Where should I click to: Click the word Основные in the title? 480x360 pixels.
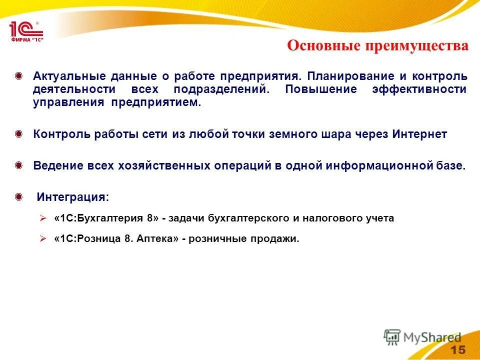[323, 46]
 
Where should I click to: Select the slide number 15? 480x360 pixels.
[457, 349]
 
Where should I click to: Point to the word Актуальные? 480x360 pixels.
[69, 76]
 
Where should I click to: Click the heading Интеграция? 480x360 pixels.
[72, 197]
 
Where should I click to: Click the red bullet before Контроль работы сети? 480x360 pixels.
[18, 134]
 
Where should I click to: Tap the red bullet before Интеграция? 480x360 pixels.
[18, 197]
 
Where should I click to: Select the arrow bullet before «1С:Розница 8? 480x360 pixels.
[43, 239]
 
